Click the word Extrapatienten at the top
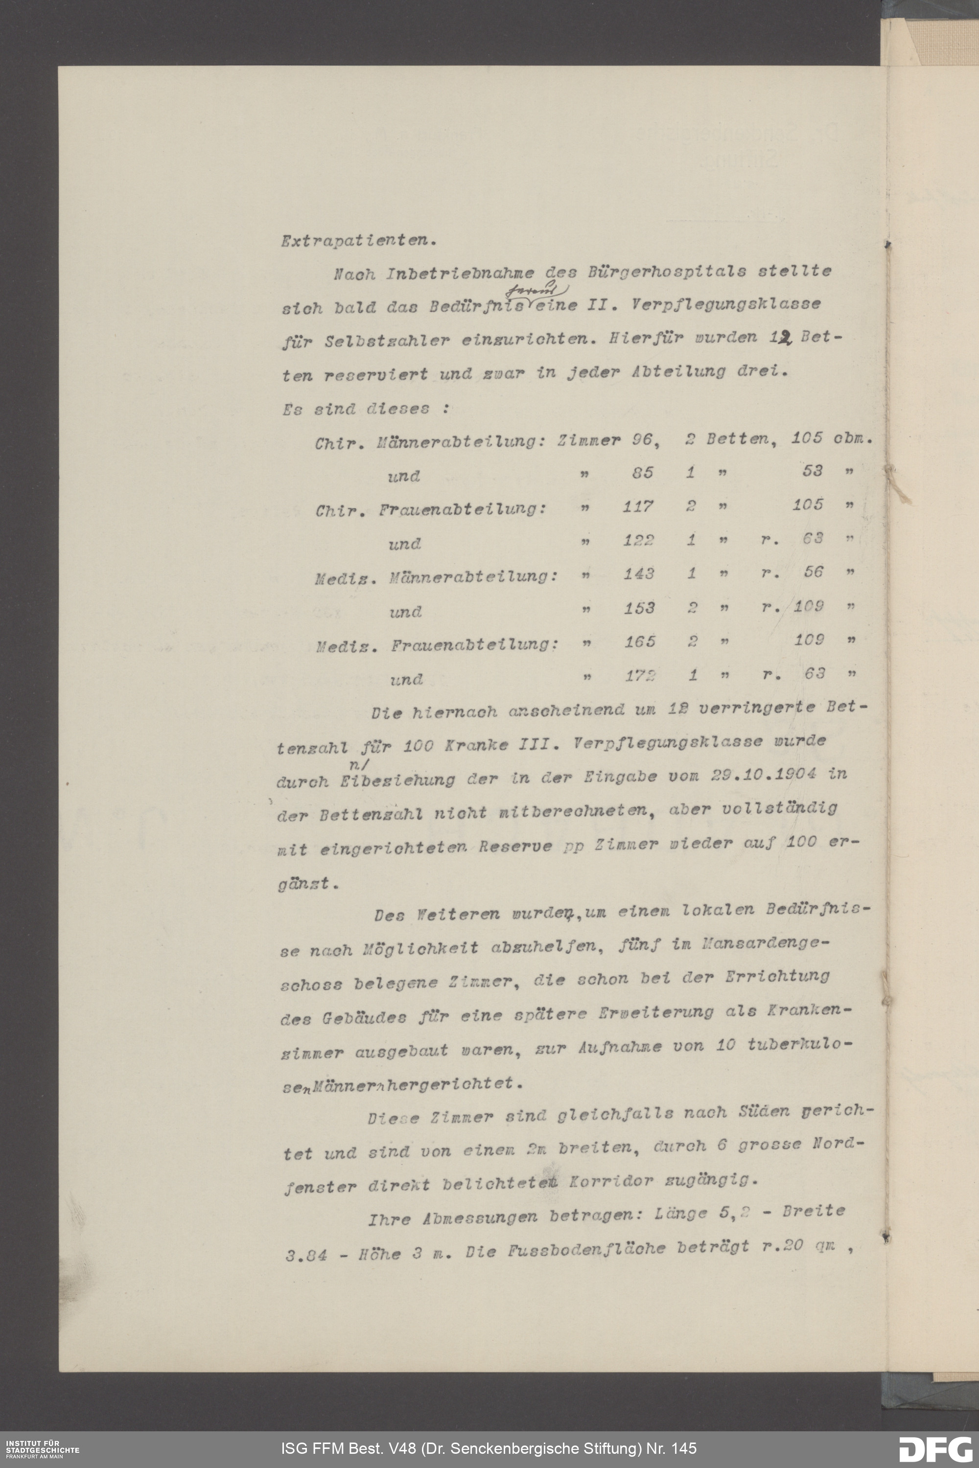pyautogui.click(x=358, y=241)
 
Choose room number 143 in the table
pyautogui.click(x=639, y=573)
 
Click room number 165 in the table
pyautogui.click(x=640, y=641)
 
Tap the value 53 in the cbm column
pyautogui.click(x=812, y=471)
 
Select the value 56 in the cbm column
pyautogui.click(x=813, y=572)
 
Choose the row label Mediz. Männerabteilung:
pyautogui.click(x=436, y=577)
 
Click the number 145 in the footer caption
pyautogui.click(x=682, y=1448)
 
